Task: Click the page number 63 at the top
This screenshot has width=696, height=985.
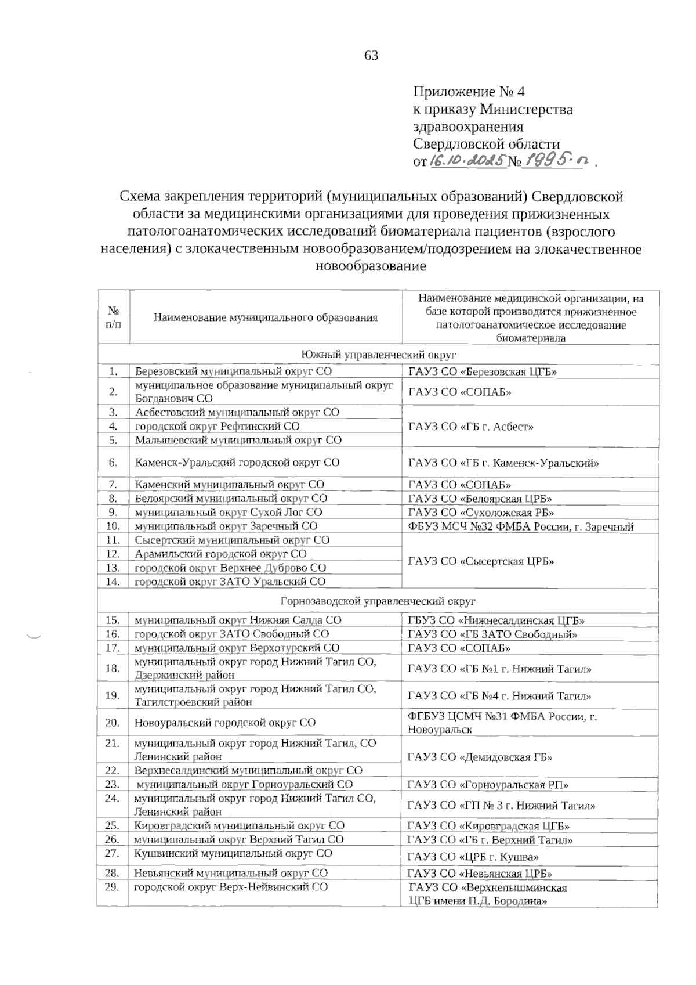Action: (x=371, y=56)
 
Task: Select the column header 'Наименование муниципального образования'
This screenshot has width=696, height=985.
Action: (x=266, y=317)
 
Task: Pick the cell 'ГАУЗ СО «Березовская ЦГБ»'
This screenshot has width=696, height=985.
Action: (x=483, y=372)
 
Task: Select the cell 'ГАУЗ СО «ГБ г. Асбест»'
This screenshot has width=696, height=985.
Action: (x=470, y=427)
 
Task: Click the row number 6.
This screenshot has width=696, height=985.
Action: (x=114, y=463)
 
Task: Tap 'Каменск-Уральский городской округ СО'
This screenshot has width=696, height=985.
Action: (x=237, y=463)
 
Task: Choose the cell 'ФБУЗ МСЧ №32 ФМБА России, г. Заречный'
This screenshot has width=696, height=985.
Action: (x=520, y=526)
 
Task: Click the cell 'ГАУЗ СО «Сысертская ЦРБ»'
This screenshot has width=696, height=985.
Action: (x=481, y=561)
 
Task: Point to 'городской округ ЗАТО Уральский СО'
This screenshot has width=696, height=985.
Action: (x=230, y=581)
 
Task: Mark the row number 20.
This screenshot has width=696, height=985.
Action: (x=113, y=723)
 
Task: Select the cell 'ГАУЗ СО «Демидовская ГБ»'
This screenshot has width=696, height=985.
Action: (x=480, y=757)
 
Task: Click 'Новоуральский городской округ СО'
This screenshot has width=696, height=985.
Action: (x=225, y=723)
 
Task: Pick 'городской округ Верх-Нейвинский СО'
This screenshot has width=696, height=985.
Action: (x=231, y=887)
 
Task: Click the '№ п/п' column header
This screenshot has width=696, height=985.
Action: (x=114, y=317)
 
